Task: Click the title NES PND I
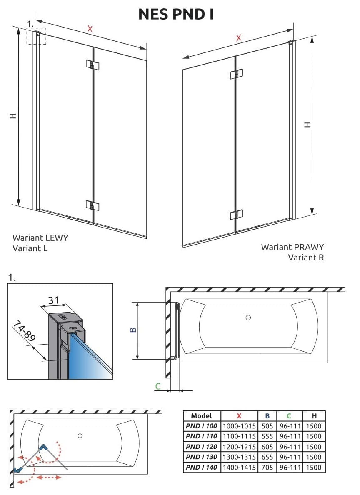pyautogui.click(x=176, y=14)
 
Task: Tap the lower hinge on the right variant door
pyautogui.click(x=236, y=215)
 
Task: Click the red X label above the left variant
pyautogui.click(x=90, y=29)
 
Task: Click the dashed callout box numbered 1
pyautogui.click(x=36, y=36)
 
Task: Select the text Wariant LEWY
pyautogui.click(x=40, y=238)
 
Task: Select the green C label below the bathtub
pyautogui.click(x=157, y=387)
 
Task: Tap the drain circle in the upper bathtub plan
pyautogui.click(x=248, y=317)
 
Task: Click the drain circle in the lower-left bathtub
pyautogui.click(x=80, y=435)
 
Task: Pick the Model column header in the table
pyautogui.click(x=202, y=415)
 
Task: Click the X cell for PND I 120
pyautogui.click(x=239, y=447)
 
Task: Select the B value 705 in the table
pyautogui.click(x=267, y=467)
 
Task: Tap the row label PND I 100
pyautogui.click(x=202, y=426)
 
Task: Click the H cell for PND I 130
pyautogui.click(x=314, y=457)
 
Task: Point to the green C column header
pyautogui.click(x=289, y=415)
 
